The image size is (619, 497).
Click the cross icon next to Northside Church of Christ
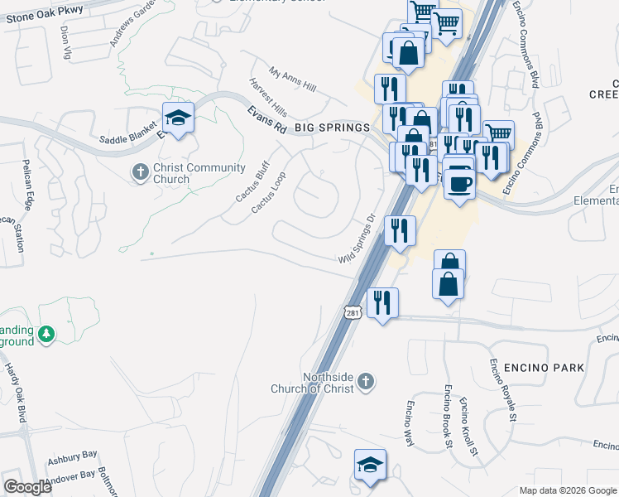(367, 383)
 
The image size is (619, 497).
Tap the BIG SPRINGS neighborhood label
(331, 128)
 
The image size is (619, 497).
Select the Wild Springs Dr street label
(358, 239)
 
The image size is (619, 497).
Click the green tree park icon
(48, 335)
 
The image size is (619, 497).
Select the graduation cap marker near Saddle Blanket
(178, 118)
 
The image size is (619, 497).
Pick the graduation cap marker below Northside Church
(370, 464)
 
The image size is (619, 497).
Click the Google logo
(27, 487)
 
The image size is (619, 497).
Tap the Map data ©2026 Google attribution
(568, 490)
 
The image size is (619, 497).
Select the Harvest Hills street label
(268, 97)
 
